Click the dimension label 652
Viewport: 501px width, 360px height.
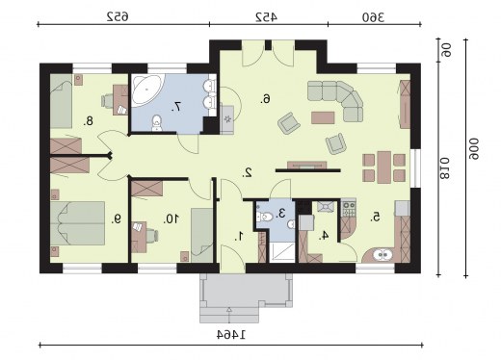118,16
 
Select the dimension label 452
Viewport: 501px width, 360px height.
266,17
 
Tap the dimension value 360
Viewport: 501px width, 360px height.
373,17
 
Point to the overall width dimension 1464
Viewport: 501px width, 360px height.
231,335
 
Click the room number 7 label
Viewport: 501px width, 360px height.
176,106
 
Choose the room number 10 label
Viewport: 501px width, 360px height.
171,219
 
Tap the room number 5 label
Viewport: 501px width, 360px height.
375,217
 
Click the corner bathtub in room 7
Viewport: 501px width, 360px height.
146,90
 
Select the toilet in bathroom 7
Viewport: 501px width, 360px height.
157,123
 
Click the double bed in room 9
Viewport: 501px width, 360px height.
77,223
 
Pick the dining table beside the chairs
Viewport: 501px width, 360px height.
383,167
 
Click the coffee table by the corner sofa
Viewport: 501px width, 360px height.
323,117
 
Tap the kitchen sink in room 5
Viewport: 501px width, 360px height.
382,255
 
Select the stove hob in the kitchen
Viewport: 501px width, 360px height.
349,207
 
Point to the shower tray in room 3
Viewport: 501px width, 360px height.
282,253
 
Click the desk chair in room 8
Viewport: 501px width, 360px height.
108,101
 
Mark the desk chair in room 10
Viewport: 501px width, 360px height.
152,236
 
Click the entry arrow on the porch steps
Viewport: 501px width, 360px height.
229,315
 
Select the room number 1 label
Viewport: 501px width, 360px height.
239,237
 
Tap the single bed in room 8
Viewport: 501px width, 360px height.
61,101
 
